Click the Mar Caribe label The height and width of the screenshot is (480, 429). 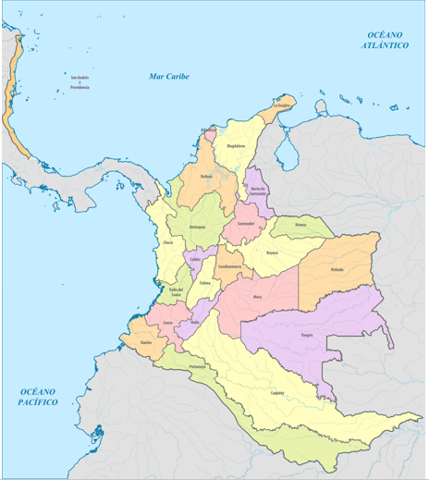pos(169,76)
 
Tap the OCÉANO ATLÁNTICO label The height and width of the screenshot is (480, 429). pos(385,39)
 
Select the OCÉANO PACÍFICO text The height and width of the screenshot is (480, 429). pos(38,398)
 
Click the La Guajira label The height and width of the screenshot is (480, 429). pos(282,106)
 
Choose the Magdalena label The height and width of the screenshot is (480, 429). pos(236,145)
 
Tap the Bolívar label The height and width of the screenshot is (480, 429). pos(206,176)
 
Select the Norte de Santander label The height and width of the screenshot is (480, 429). pos(258,191)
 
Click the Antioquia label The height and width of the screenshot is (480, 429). pos(196,226)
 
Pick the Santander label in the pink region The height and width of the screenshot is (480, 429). pos(246,224)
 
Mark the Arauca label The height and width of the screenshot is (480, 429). pos(300,225)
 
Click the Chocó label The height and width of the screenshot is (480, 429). pos(167,242)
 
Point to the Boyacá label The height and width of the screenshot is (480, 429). pos(272,252)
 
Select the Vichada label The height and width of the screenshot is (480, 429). pos(337,270)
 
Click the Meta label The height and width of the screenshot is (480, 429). pos(258,298)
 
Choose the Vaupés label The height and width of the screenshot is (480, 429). pos(307,335)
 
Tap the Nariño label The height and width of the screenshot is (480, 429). pos(145,342)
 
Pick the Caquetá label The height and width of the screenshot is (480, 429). pos(276,392)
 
